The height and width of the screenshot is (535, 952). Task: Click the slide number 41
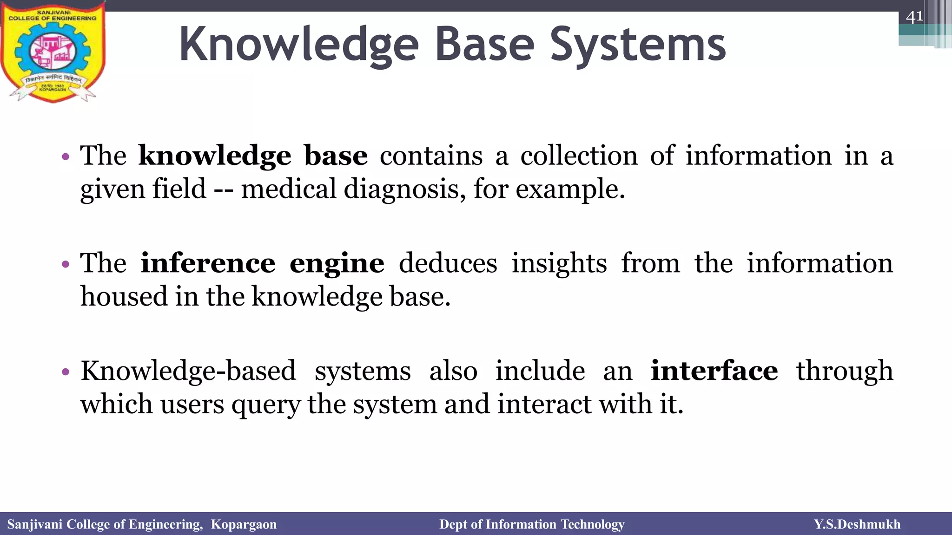(914, 17)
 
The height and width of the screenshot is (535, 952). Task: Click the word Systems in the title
(638, 45)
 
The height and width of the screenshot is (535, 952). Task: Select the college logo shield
(53, 52)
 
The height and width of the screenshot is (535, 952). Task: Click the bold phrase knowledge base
(253, 156)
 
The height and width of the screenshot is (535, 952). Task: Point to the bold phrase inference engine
(262, 264)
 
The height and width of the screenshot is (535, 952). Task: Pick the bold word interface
(714, 371)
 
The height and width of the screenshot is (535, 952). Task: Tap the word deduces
(448, 263)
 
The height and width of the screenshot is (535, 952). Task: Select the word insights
(559, 263)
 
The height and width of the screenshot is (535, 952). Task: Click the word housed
(124, 297)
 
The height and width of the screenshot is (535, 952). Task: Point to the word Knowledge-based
(188, 371)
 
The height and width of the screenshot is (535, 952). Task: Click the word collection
(579, 156)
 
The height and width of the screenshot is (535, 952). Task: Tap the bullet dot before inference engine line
(66, 265)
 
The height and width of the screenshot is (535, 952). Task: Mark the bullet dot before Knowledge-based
(66, 372)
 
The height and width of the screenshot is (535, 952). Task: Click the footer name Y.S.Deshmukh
(857, 524)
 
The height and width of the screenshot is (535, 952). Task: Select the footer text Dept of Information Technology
(532, 524)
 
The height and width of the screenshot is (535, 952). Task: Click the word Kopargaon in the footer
(244, 524)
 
